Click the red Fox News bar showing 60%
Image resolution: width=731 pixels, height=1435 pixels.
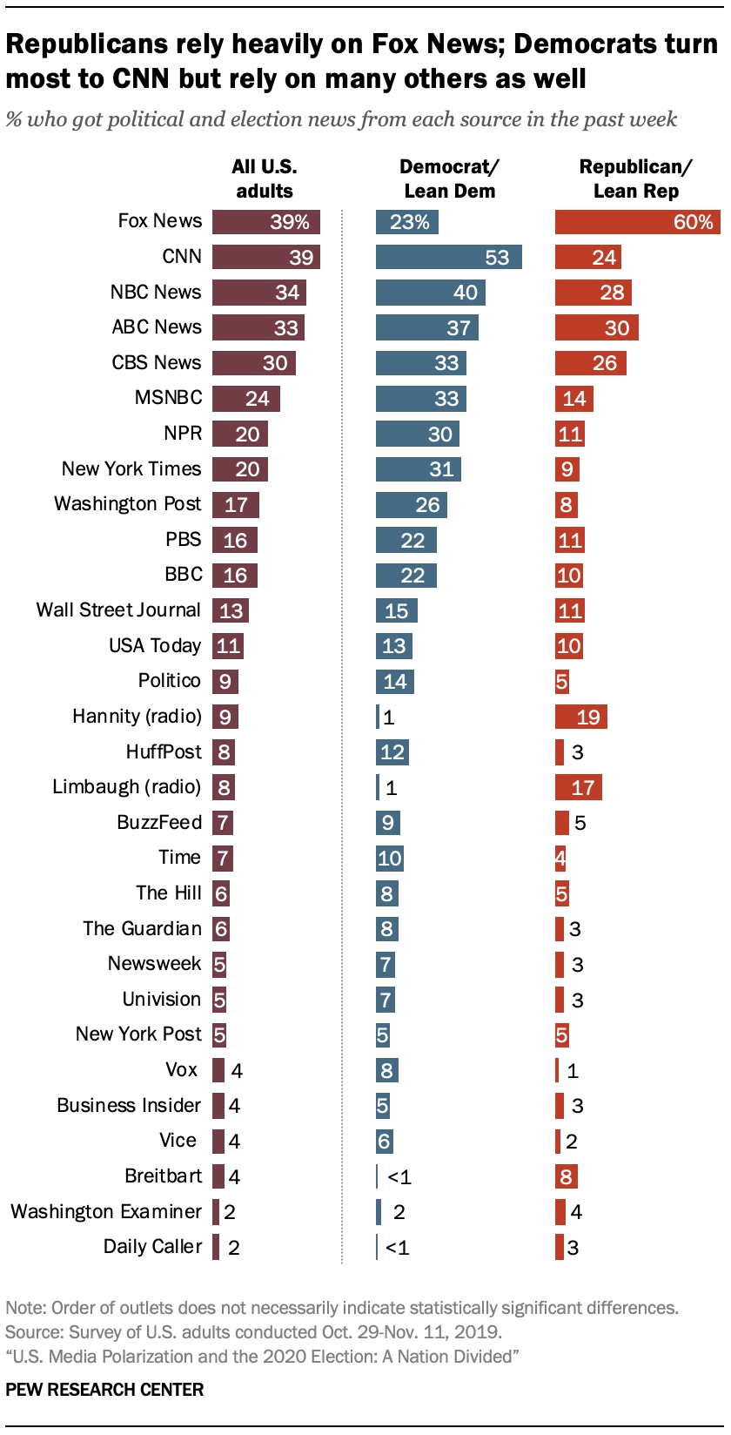tap(637, 222)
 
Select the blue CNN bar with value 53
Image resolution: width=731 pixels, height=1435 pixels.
tap(448, 257)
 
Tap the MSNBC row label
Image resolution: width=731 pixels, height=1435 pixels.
tap(169, 398)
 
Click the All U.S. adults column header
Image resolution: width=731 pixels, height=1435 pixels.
tap(264, 179)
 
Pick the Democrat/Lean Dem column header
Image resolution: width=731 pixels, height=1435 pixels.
tap(449, 179)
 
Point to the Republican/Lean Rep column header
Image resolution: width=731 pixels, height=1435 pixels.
tap(635, 179)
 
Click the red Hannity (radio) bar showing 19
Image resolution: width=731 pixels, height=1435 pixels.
tap(580, 717)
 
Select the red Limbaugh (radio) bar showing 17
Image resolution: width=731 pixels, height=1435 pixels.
tap(578, 788)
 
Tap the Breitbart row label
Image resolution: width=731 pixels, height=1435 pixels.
tap(164, 1176)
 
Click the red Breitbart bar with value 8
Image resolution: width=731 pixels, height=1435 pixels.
tap(566, 1177)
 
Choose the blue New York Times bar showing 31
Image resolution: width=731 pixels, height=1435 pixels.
tap(418, 469)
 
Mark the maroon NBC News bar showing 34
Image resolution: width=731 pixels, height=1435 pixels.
tap(258, 293)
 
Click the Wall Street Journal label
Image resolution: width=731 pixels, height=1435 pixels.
tap(118, 610)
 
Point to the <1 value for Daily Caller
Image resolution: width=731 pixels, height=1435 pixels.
tap(397, 1248)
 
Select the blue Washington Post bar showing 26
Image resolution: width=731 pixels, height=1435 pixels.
tap(411, 505)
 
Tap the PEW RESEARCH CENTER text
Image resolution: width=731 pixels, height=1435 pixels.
tap(104, 1390)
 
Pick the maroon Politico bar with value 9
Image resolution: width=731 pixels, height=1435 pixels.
tap(225, 682)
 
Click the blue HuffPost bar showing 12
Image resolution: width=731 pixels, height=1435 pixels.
tap(392, 752)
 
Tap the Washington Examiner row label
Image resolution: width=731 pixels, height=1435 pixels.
tap(106, 1212)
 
